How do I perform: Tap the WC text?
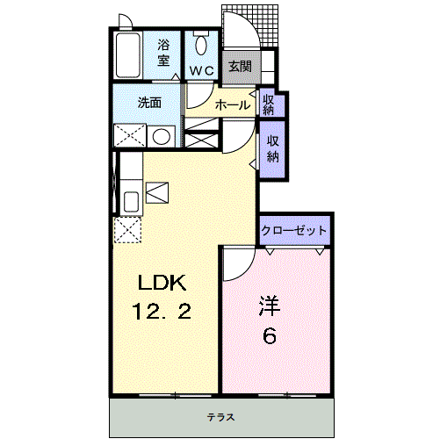(x=202, y=69)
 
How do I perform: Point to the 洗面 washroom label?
(x=148, y=102)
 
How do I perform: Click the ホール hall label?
(x=232, y=105)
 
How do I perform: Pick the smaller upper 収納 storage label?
(x=269, y=104)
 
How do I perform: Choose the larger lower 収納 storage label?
(x=273, y=150)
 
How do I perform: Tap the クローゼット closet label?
(x=294, y=231)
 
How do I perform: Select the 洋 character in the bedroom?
(x=268, y=307)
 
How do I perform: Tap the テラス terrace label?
(x=220, y=418)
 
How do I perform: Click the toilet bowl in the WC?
(x=202, y=45)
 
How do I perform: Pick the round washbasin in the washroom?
(x=160, y=136)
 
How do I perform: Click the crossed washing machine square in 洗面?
(x=129, y=136)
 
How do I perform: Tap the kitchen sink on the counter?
(x=129, y=201)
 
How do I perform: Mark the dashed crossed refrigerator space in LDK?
(x=128, y=229)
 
